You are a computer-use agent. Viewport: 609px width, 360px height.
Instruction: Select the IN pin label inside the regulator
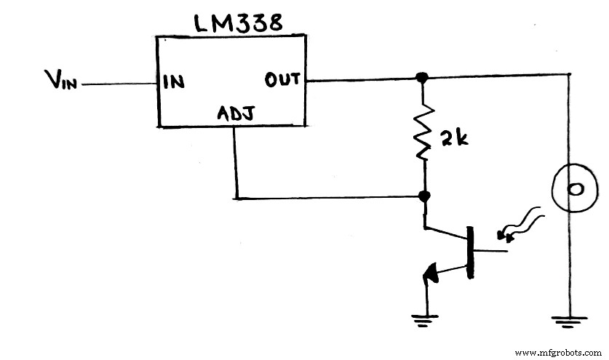[173, 82]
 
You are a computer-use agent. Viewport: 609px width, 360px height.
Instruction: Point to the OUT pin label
[282, 79]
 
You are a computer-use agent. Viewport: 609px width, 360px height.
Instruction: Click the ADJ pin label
[234, 114]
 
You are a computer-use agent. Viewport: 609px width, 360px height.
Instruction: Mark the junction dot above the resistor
[421, 77]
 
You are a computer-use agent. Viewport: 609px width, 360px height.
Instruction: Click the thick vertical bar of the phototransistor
[471, 252]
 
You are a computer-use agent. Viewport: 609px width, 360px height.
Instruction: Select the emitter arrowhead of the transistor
[429, 274]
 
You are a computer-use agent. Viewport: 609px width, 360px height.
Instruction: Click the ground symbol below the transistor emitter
[425, 318]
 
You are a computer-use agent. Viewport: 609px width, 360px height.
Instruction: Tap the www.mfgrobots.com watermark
[558, 352]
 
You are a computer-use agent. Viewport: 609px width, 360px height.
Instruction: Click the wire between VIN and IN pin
[121, 84]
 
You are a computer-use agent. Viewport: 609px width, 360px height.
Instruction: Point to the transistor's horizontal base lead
[493, 252]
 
